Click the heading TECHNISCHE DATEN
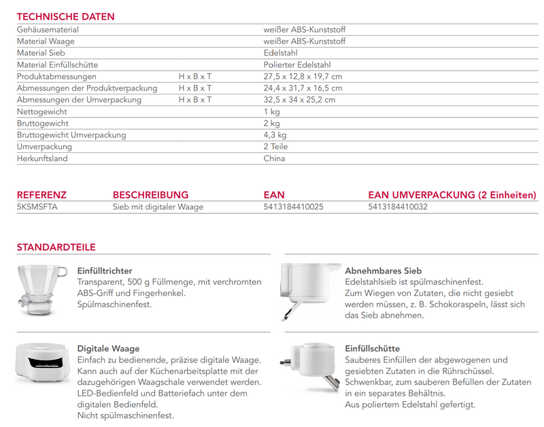[x=65, y=16]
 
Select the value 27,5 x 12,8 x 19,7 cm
[x=303, y=77]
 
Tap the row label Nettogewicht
[x=41, y=112]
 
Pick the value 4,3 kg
[x=275, y=135]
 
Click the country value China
[x=274, y=158]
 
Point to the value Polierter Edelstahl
[x=297, y=65]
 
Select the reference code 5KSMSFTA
[x=37, y=207]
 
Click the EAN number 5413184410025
[x=293, y=207]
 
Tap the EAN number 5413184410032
[x=398, y=207]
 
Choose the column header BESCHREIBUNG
[x=150, y=195]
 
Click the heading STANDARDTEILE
[x=56, y=247]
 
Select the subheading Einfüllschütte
[x=372, y=349]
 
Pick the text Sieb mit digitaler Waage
[x=158, y=207]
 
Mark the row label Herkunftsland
[x=42, y=158]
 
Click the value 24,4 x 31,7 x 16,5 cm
[x=303, y=88]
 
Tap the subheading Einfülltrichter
[x=105, y=271]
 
